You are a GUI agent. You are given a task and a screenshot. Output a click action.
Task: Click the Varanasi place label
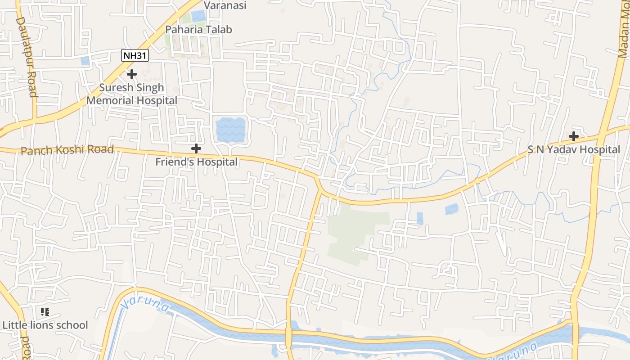(225, 5)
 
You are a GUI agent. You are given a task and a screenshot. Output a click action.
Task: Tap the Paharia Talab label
(198, 30)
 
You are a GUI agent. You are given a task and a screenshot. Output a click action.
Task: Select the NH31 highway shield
(135, 56)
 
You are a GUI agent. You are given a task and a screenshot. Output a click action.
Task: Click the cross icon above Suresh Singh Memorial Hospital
(131, 74)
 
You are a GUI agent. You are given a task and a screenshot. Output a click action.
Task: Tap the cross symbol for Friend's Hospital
(196, 148)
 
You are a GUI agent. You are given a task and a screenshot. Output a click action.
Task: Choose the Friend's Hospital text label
(196, 162)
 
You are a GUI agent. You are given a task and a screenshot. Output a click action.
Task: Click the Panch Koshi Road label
(67, 149)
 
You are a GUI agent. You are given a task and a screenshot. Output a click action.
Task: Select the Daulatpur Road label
(26, 57)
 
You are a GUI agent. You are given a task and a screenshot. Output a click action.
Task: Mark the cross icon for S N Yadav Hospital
(573, 136)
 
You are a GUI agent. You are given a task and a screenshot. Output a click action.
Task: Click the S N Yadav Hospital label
(574, 149)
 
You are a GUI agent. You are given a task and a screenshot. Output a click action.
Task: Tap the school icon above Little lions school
(45, 311)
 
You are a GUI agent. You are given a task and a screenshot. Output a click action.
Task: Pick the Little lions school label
(45, 325)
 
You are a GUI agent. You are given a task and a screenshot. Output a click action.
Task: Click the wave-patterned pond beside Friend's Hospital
(230, 130)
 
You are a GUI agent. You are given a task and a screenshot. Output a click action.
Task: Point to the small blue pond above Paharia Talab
(198, 16)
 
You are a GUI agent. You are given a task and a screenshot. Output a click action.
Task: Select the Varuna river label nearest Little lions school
(145, 304)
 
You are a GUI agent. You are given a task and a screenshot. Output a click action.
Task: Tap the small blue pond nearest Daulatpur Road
(85, 61)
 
